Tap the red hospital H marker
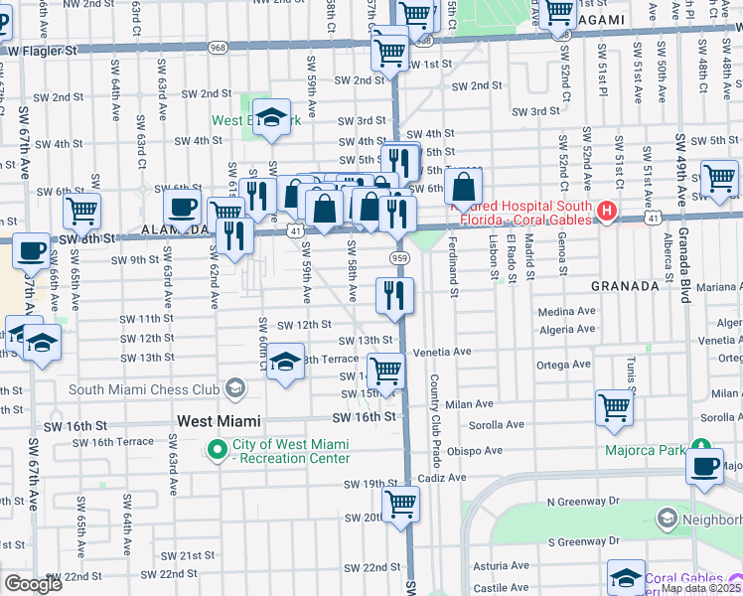[607, 211]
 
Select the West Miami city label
[219, 421]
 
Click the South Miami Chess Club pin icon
[235, 387]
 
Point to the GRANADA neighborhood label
[625, 285]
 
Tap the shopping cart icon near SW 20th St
[400, 503]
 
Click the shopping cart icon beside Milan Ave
[615, 406]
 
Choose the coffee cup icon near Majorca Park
[705, 464]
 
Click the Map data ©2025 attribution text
[700, 588]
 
